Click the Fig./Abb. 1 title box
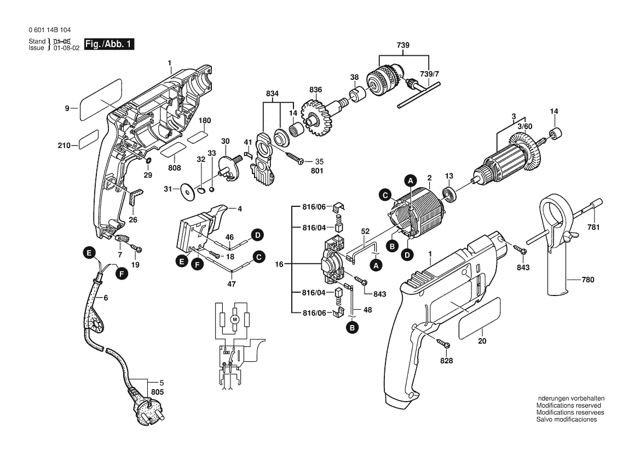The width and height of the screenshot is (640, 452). point(109,44)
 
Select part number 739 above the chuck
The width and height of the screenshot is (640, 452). point(403,45)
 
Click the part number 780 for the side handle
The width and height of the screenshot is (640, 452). point(588,280)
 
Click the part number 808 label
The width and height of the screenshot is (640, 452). point(174,167)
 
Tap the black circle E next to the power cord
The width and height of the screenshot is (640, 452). point(89,253)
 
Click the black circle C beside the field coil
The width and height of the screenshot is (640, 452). point(385,195)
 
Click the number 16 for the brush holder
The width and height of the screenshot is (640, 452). point(279,264)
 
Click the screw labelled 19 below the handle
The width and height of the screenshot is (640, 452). point(136,247)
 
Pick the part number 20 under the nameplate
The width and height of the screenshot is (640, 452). point(482,341)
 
